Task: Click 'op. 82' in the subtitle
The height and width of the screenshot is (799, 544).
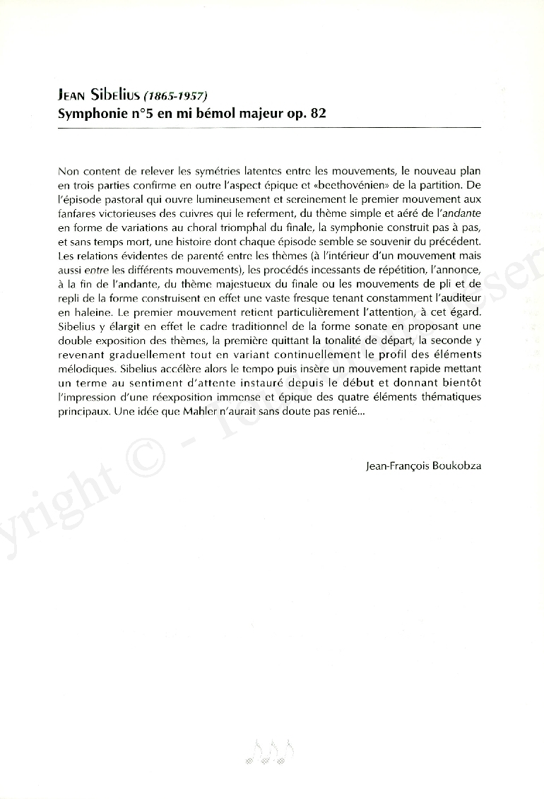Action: pyautogui.click(x=309, y=112)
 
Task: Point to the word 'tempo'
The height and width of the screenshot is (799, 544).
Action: pyautogui.click(x=251, y=369)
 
